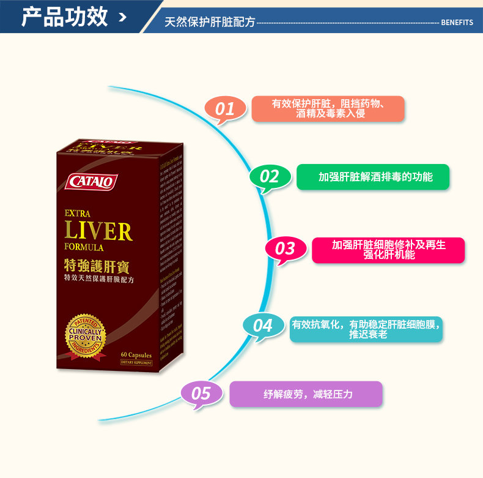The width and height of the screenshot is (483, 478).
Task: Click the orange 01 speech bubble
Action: click(x=226, y=108)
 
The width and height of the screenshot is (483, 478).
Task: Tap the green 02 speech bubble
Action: click(x=270, y=176)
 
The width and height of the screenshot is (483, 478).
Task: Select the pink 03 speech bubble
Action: click(x=285, y=248)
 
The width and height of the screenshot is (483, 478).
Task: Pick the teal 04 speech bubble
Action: click(x=263, y=324)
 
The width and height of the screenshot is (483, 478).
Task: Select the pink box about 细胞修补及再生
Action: click(x=389, y=250)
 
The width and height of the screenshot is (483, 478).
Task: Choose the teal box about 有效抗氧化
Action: click(x=366, y=329)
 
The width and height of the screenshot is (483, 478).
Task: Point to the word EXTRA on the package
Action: click(x=78, y=214)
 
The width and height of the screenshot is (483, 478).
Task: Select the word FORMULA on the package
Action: click(x=84, y=248)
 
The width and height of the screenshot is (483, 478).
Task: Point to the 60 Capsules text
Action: click(x=136, y=355)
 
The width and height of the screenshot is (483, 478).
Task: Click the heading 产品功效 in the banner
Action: click(x=65, y=17)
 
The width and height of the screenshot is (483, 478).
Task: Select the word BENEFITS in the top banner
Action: click(x=457, y=22)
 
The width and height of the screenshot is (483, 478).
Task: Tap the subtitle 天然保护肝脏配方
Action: click(x=210, y=22)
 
